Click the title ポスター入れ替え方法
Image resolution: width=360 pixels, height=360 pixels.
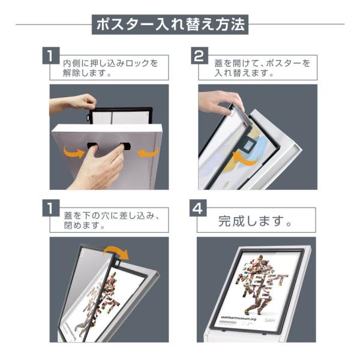170,25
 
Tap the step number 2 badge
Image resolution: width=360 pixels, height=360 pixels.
200,56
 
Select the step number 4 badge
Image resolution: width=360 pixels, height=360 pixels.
198,208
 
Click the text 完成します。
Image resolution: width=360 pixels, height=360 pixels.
255,221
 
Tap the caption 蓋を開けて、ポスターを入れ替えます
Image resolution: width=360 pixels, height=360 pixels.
262,68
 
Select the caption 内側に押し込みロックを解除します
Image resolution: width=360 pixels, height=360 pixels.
110,68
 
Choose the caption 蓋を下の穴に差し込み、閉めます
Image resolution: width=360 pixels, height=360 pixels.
112,220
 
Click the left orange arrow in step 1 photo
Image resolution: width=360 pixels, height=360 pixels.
74,152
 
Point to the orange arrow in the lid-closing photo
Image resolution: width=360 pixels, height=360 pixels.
116,252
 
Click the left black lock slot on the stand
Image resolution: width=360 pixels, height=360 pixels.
92,145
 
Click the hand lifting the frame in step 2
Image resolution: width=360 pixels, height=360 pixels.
220,103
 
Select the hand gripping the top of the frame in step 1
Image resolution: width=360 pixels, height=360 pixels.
73,104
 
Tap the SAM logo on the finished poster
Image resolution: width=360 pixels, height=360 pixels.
269,320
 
